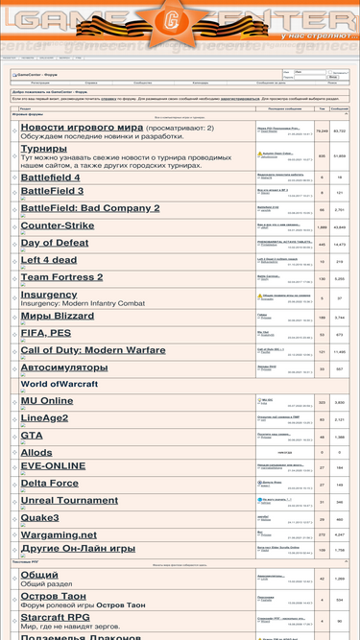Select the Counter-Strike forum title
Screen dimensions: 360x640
[70, 225]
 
